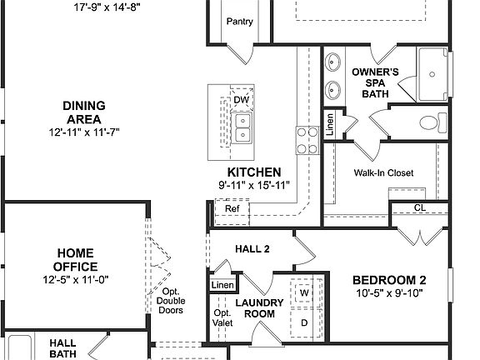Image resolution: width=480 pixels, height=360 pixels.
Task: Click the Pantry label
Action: (x=239, y=22)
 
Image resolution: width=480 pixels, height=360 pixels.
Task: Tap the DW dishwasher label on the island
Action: (x=241, y=101)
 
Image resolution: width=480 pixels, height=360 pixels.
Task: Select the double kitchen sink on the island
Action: (x=242, y=127)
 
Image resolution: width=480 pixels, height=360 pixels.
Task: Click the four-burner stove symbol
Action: (x=304, y=135)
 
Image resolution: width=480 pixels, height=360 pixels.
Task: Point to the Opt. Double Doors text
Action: (x=170, y=301)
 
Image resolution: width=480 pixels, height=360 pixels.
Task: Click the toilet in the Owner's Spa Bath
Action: (x=430, y=122)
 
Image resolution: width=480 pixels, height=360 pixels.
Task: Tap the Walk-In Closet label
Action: (x=383, y=173)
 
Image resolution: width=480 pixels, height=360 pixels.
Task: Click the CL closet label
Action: (x=419, y=207)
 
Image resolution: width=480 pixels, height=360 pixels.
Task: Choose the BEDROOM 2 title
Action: (x=388, y=280)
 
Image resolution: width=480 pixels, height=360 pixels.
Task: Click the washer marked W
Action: (x=304, y=293)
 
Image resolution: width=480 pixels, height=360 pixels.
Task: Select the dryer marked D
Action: (x=304, y=322)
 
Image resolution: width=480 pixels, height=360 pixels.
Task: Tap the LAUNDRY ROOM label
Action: (x=254, y=308)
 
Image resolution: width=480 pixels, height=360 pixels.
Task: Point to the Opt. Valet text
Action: (x=221, y=317)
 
